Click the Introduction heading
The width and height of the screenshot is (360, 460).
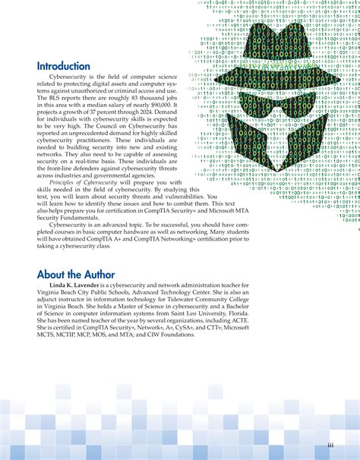[68, 66]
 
